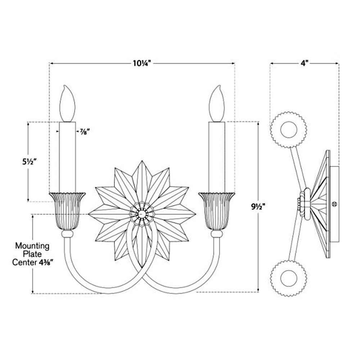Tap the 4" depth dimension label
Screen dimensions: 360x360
tap(305, 63)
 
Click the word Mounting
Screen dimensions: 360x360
tap(32, 246)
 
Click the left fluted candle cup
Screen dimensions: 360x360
tap(68, 211)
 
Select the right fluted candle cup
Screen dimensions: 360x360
tap(217, 211)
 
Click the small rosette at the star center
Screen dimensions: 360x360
tap(142, 214)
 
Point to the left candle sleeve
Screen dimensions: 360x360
tap(68, 157)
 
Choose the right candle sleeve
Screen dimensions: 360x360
tap(217, 157)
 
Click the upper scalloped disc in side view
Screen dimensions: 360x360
tap(288, 130)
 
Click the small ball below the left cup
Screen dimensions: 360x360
tap(67, 234)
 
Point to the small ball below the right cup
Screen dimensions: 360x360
tap(216, 234)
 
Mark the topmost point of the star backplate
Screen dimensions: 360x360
tap(142, 161)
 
